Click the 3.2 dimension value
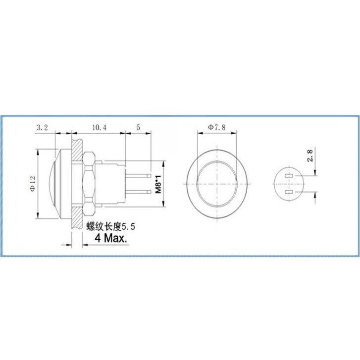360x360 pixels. click(43, 128)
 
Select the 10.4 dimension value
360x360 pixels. click(99, 128)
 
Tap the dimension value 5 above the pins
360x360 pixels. click(138, 128)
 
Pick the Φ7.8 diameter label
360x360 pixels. click(216, 128)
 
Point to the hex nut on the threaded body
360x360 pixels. click(89, 183)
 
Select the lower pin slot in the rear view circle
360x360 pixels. click(289, 192)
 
